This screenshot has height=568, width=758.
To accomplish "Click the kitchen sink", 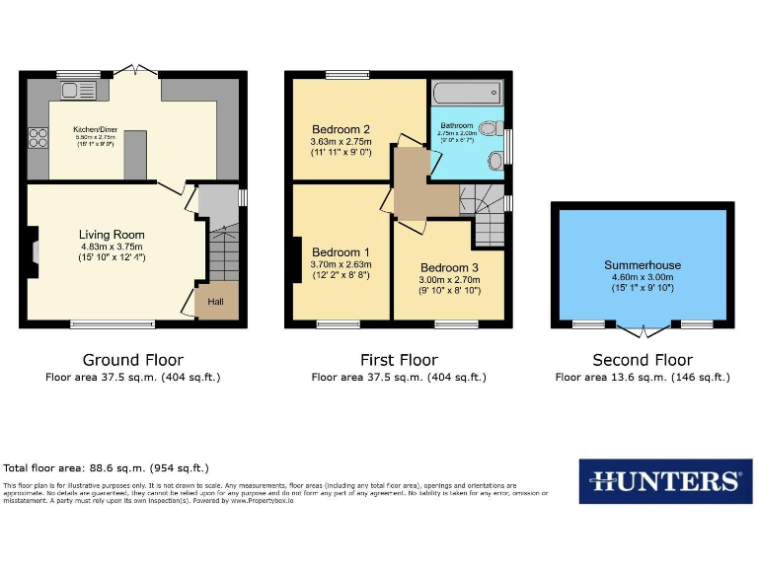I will pos(76,92).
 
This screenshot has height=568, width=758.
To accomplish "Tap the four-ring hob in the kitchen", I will pos(39,138).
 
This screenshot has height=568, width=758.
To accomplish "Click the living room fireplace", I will pos(35,250).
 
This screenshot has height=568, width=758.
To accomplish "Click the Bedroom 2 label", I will pos(341,129).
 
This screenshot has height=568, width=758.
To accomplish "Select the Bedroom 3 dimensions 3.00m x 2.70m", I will pos(449,279).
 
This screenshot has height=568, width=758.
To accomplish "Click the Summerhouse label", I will pos(643,265).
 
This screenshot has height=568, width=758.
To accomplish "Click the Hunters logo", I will pos(664,481).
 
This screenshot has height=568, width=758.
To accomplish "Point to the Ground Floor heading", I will pos(132,360).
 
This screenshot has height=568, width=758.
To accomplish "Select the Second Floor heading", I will pos(643,360).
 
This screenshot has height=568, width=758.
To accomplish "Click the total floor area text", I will pos(107,468).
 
